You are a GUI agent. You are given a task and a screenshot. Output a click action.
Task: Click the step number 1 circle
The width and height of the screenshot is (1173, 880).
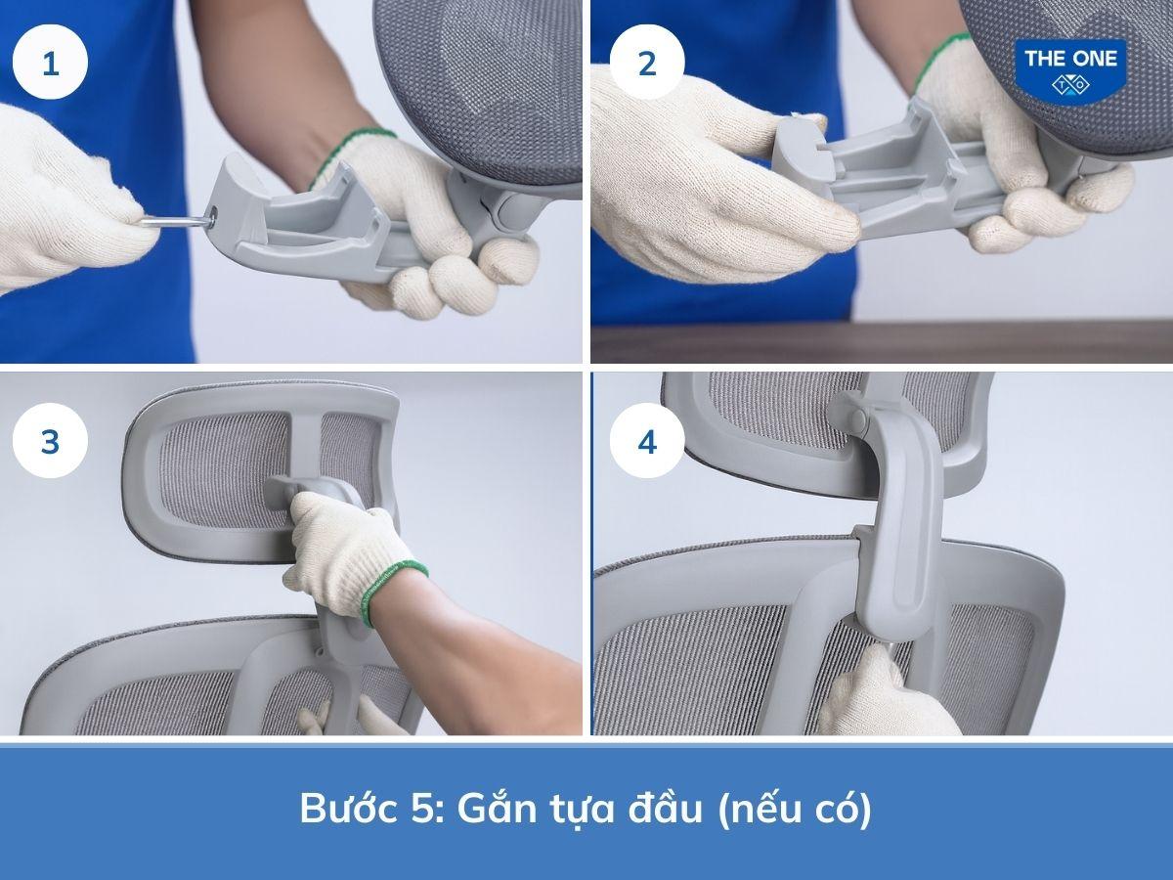[x=50, y=65]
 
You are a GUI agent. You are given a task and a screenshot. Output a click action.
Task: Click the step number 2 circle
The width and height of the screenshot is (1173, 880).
[x=646, y=65]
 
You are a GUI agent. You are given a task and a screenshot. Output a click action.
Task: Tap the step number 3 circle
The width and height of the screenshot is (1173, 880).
[x=50, y=442]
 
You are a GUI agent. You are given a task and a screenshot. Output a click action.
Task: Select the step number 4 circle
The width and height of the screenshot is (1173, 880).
[x=646, y=442]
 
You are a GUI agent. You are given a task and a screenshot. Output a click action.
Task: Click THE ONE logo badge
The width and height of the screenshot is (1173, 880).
[x=1070, y=70]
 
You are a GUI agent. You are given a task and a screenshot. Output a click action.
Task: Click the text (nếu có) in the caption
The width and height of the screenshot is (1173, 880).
[x=794, y=810]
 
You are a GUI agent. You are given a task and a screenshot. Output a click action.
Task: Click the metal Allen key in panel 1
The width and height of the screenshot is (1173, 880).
[x=176, y=223]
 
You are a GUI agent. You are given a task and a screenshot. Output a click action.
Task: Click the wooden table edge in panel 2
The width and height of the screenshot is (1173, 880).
[x=880, y=342]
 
